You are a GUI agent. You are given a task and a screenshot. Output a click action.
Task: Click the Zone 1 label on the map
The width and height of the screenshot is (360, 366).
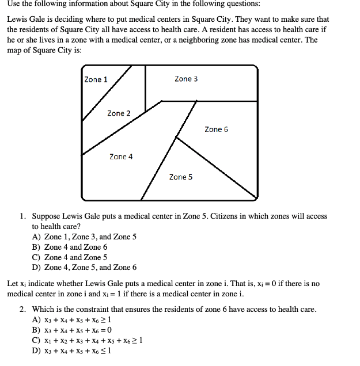96,79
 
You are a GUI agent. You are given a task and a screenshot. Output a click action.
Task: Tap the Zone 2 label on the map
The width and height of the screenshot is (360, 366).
119,113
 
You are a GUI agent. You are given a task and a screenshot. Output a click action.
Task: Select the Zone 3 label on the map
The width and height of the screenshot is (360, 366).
186,79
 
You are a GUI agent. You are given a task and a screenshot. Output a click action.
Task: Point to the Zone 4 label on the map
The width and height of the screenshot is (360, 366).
121,157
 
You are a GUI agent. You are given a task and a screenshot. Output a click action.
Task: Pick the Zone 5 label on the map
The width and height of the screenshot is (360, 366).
181,177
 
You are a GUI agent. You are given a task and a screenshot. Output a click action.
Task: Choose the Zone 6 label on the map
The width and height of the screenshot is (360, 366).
216,129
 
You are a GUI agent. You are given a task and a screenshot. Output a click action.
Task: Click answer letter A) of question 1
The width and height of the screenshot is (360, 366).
36,237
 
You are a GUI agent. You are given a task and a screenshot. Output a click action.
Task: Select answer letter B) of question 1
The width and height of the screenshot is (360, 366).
36,247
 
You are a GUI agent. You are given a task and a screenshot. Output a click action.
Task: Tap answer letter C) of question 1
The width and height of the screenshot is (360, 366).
36,257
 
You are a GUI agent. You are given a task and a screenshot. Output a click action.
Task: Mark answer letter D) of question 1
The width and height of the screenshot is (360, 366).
36,268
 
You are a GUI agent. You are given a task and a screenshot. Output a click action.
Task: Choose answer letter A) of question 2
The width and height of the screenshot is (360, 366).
36,320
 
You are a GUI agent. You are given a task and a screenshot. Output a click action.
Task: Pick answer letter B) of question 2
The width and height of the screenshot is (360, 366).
36,330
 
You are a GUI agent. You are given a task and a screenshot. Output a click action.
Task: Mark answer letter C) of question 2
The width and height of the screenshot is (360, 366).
36,341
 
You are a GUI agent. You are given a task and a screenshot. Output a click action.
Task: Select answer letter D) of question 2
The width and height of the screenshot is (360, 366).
36,351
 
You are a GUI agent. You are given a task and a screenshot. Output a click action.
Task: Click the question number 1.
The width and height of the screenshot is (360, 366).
22,216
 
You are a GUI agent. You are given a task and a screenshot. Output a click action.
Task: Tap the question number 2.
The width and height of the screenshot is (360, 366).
22,310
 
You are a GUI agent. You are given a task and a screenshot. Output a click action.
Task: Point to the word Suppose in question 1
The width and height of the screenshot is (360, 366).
47,217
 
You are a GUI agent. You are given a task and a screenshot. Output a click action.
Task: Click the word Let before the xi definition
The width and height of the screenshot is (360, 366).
12,284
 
